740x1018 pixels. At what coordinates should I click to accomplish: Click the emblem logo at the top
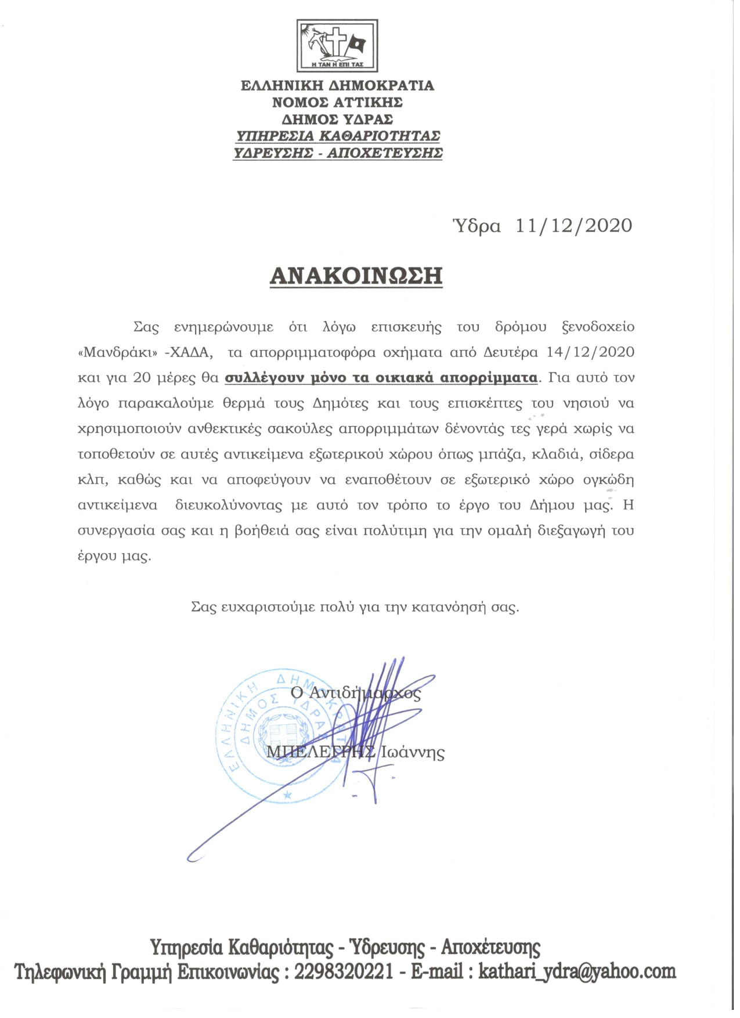tap(337, 45)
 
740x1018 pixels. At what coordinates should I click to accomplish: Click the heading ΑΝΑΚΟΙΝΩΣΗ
tap(356, 276)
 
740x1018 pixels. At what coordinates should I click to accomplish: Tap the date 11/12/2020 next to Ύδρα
tap(573, 225)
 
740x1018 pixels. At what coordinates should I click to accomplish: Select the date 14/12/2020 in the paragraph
tap(591, 352)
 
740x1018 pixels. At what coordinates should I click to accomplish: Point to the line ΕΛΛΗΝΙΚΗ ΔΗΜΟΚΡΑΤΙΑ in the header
tap(337, 86)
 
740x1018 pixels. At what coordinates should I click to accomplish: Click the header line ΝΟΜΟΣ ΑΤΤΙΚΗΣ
tap(337, 103)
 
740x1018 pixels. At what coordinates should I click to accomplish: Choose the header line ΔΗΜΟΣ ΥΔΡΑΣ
tap(337, 120)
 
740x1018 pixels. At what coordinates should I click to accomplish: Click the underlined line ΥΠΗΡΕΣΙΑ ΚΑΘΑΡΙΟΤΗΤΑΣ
tap(337, 136)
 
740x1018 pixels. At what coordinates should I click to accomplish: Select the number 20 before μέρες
tap(142, 378)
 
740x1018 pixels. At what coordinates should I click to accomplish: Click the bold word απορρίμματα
tap(489, 378)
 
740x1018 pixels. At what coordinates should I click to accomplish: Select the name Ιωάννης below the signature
tap(413, 753)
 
